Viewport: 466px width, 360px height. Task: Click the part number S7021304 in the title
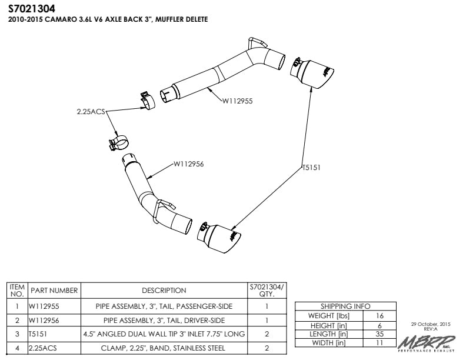click(32, 9)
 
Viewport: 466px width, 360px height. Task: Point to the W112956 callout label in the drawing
click(188, 164)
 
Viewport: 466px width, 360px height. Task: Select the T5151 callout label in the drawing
click(311, 168)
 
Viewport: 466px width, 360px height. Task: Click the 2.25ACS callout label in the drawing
click(90, 111)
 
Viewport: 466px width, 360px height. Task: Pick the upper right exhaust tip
click(317, 73)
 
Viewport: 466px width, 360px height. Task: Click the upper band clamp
click(146, 99)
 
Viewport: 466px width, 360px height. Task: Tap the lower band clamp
click(117, 143)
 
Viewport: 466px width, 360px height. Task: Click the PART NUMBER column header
click(54, 291)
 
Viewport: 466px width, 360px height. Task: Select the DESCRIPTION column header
click(164, 291)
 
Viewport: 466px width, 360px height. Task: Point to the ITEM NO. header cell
click(17, 290)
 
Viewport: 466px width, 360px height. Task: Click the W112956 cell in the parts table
click(45, 321)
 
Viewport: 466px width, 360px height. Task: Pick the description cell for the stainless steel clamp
click(164, 348)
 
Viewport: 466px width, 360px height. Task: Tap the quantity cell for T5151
click(267, 334)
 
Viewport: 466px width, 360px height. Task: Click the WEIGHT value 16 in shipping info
click(380, 316)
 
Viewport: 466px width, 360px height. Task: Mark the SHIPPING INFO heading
click(345, 306)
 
